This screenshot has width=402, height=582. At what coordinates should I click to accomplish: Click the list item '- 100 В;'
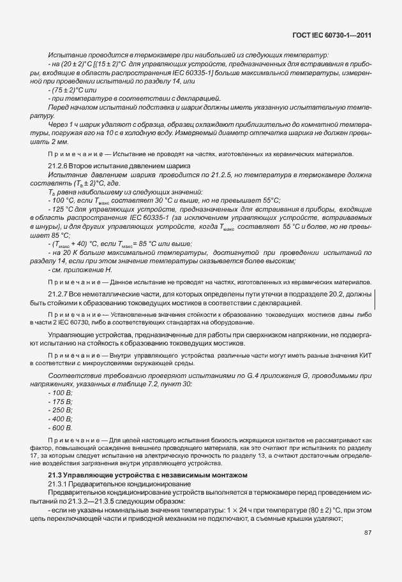point(61,393)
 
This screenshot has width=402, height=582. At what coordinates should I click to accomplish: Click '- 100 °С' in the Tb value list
point(62,218)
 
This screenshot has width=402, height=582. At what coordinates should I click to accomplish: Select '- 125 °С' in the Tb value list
point(62,227)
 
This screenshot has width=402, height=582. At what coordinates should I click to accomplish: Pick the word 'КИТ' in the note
point(364,354)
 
